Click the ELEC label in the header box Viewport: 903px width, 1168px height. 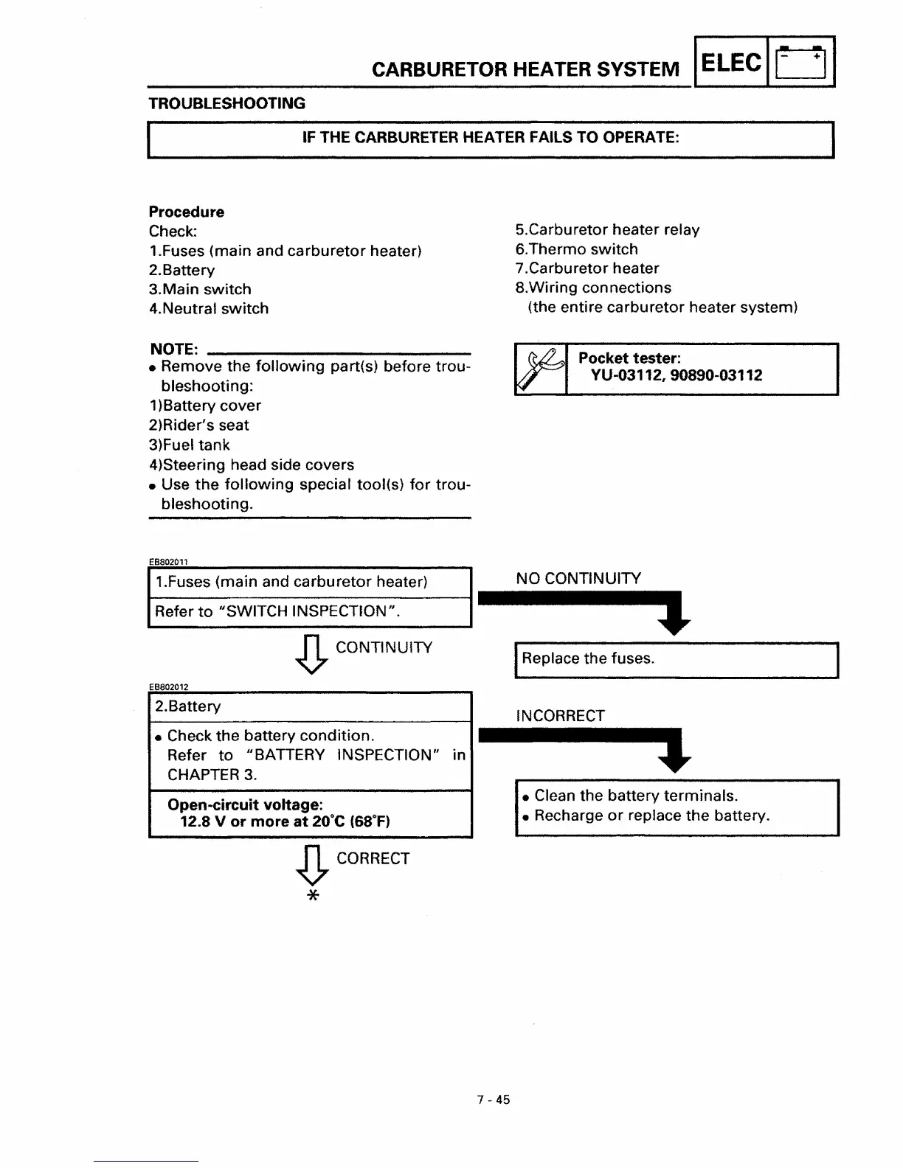pyautogui.click(x=730, y=63)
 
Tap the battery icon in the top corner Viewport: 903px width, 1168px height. pyautogui.click(x=801, y=63)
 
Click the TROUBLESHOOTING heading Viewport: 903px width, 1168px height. pyautogui.click(x=226, y=103)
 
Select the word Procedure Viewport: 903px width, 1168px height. pyautogui.click(x=187, y=212)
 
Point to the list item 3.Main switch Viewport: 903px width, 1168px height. pyautogui.click(x=200, y=289)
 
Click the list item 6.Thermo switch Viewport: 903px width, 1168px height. pyautogui.click(x=576, y=249)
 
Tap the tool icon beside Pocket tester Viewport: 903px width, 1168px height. pyautogui.click(x=540, y=369)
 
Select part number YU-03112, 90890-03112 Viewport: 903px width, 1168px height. pyautogui.click(x=676, y=375)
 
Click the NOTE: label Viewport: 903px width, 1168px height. pyautogui.click(x=173, y=348)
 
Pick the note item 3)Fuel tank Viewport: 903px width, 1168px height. pyautogui.click(x=190, y=445)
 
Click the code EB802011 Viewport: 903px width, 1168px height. pyautogui.click(x=168, y=561)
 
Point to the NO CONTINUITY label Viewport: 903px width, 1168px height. pyautogui.click(x=578, y=578)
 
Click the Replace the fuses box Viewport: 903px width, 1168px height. pyautogui.click(x=676, y=659)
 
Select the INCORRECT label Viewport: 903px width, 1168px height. pyautogui.click(x=560, y=715)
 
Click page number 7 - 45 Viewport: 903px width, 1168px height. pyautogui.click(x=493, y=1100)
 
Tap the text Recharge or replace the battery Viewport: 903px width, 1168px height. pyautogui.click(x=651, y=816)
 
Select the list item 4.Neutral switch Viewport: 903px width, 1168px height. pyautogui.click(x=209, y=308)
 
